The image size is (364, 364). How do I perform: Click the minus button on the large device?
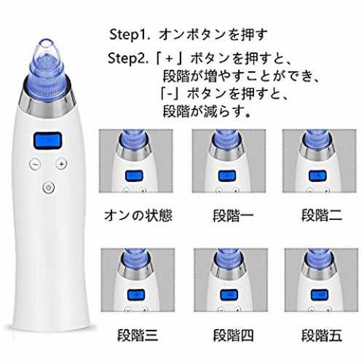point(35,165)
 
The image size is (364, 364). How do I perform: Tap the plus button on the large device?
point(61,164)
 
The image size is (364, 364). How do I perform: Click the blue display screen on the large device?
point(48,141)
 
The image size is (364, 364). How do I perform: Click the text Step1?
point(129,35)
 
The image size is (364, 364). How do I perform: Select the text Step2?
point(128,59)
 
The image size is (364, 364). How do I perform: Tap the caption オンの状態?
point(138,215)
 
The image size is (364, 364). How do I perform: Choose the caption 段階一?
point(233,215)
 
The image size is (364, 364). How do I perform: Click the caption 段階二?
point(322,215)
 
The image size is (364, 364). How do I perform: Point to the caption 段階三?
point(138,336)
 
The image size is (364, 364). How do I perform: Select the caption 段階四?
point(233,336)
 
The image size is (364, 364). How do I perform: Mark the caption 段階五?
point(322,336)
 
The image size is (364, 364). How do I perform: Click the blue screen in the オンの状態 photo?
point(134,176)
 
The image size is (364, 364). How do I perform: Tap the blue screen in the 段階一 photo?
point(227,176)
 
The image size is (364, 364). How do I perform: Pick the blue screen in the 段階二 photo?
point(317,176)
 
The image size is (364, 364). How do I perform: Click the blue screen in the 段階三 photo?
point(136,295)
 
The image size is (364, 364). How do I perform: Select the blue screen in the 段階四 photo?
point(229,295)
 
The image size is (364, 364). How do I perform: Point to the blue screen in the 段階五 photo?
point(320,295)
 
